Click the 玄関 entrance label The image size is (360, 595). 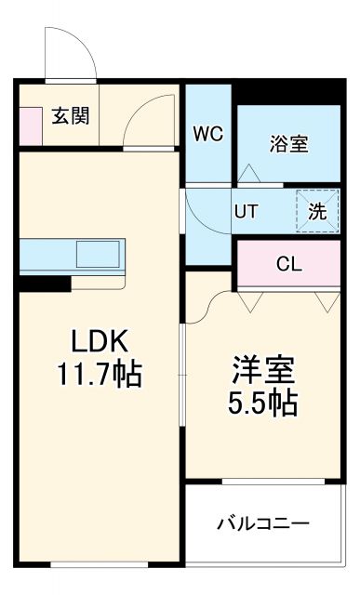(71, 117)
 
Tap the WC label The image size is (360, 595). (207, 133)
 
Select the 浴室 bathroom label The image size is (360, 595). (288, 144)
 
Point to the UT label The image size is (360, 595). (246, 211)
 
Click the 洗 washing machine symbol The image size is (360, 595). (317, 211)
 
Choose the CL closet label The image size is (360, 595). (288, 263)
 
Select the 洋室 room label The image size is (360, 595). (263, 370)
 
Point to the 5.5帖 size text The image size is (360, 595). (263, 403)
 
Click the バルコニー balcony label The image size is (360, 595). (263, 522)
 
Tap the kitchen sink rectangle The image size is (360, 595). (98, 253)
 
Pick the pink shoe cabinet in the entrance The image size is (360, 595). (29, 126)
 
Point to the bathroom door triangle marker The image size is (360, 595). (249, 173)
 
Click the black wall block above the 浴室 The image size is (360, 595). (288, 93)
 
